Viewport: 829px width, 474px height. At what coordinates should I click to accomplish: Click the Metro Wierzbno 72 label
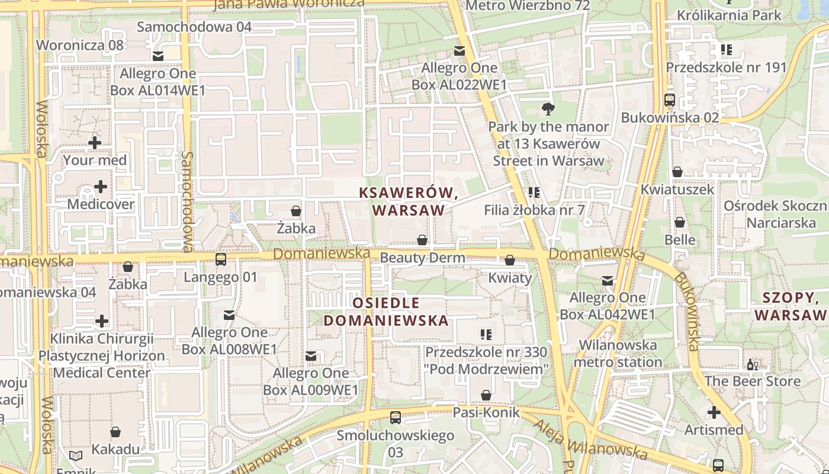(528, 6)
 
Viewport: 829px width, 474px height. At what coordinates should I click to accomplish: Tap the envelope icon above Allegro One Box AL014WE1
(158, 56)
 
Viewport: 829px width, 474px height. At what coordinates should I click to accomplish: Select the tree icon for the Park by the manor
(548, 108)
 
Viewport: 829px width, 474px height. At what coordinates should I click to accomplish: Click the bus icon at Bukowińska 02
(670, 100)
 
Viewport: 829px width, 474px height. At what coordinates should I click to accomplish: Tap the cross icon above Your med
(94, 142)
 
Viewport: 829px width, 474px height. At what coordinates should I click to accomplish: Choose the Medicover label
(101, 204)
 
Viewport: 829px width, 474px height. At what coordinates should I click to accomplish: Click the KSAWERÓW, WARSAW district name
(409, 201)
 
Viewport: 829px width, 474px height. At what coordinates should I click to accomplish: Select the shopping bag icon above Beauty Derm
(422, 240)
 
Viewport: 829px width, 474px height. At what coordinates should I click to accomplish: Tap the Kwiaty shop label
(510, 277)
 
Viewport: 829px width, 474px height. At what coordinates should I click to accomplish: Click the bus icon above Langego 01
(221, 259)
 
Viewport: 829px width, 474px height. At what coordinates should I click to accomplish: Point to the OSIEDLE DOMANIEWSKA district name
(385, 312)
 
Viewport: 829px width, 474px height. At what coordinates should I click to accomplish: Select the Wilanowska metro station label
(618, 353)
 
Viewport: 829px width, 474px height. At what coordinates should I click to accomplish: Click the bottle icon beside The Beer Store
(752, 365)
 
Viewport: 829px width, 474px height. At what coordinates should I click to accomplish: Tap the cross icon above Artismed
(714, 412)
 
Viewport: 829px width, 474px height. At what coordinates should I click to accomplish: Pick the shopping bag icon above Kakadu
(115, 432)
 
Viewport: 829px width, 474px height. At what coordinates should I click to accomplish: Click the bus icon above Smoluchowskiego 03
(396, 417)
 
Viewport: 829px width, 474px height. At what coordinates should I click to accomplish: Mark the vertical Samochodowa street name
(188, 201)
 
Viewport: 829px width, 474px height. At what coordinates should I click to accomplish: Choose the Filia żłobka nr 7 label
(534, 210)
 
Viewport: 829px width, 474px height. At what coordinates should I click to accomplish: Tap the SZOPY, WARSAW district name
(791, 306)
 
